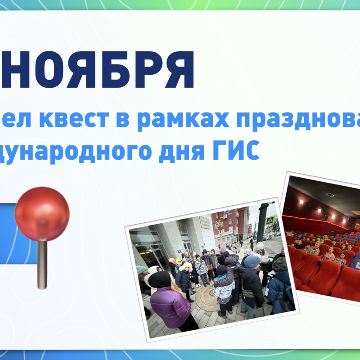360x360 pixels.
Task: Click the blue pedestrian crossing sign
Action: coord(270,220)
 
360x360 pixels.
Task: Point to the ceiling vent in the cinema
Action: coord(330,195)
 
